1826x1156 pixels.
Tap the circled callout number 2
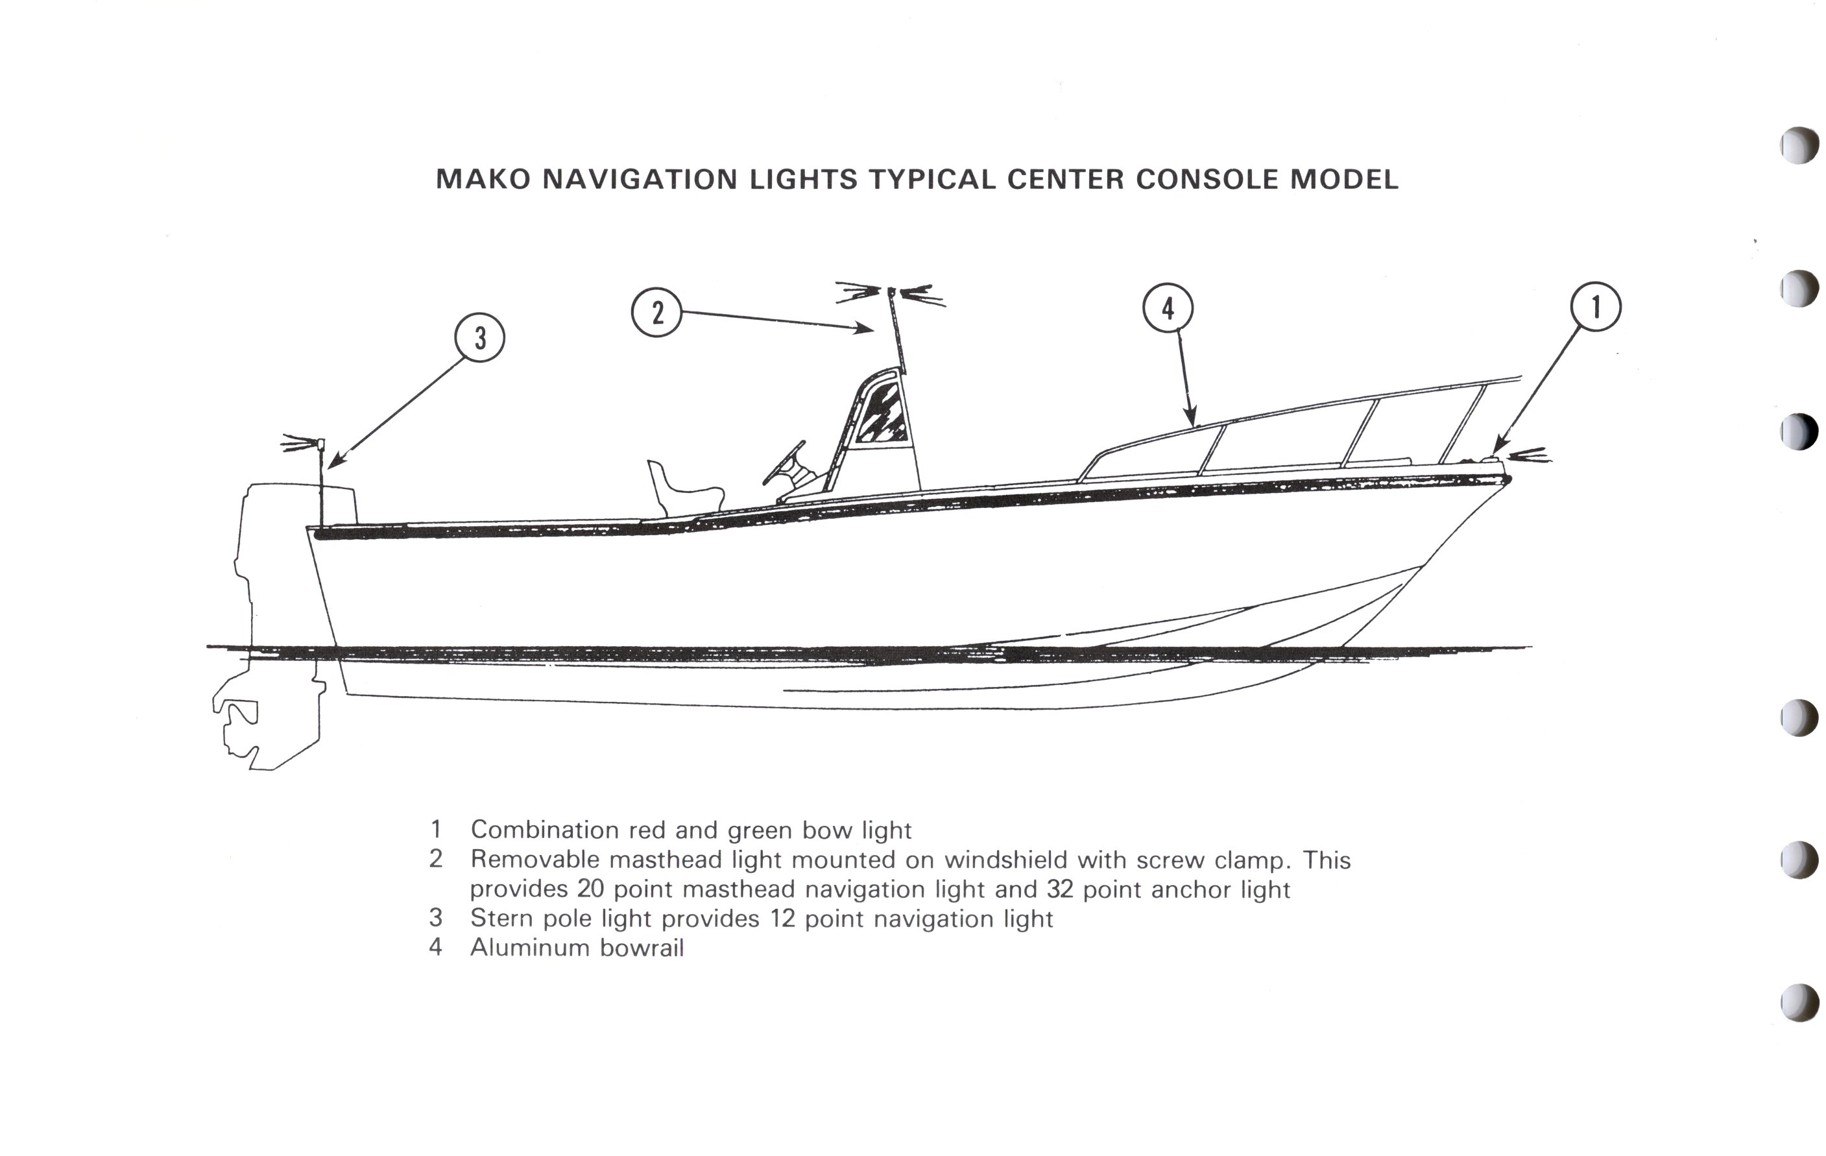point(656,312)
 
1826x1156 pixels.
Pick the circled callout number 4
point(1168,309)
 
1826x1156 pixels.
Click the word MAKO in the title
point(483,180)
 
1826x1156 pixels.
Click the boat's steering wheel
point(784,463)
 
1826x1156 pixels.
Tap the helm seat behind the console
point(682,489)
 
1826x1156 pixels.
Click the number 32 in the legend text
point(1059,889)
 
